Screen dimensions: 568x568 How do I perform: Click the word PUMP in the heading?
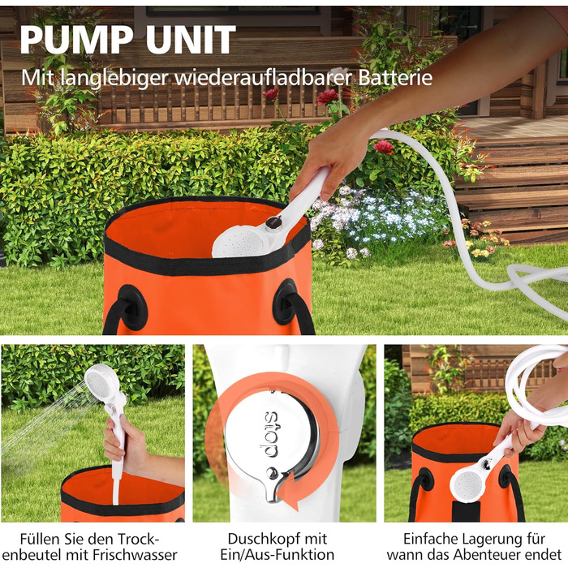(77, 40)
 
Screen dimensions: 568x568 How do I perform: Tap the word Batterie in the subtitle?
(395, 77)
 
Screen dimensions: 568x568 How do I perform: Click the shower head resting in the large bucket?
(239, 240)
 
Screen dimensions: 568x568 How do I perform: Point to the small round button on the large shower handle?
(273, 222)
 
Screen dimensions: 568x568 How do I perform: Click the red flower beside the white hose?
(383, 147)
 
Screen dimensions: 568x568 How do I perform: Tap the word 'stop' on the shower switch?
(271, 434)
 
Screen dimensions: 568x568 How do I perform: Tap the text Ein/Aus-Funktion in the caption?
(278, 555)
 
